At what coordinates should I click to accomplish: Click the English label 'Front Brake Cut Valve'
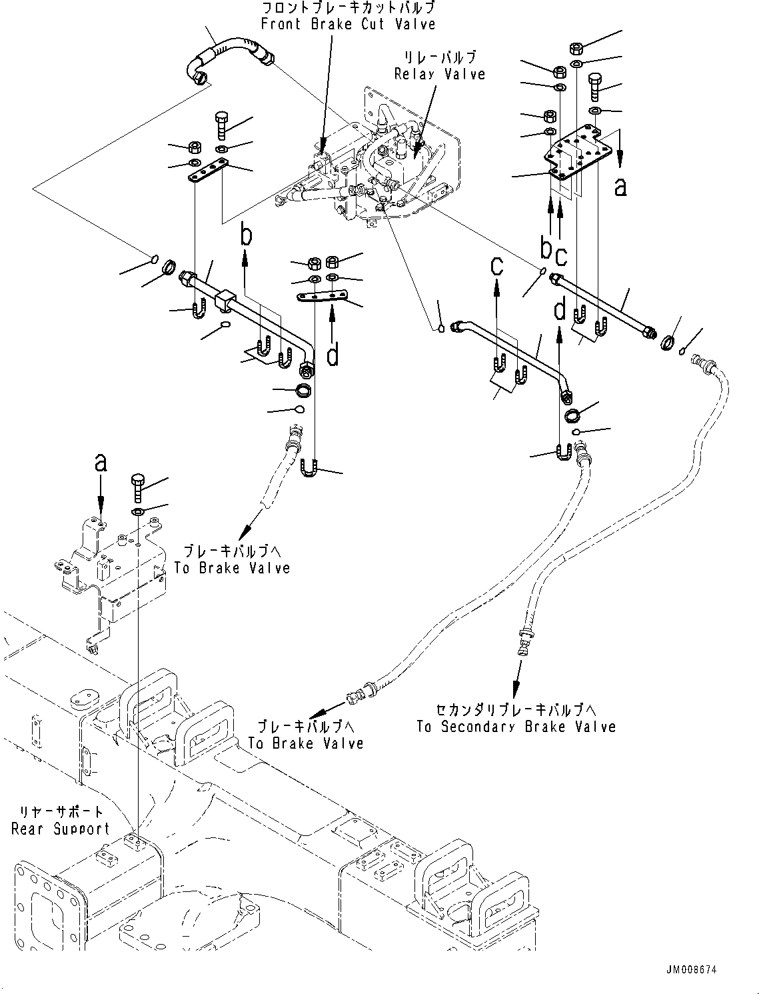[x=348, y=25]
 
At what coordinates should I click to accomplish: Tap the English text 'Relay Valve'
[x=440, y=74]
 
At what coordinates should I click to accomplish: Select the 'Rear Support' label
[x=60, y=829]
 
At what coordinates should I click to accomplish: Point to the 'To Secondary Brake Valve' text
[x=516, y=727]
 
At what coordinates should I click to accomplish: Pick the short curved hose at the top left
[x=227, y=59]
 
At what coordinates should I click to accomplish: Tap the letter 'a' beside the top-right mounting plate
[x=620, y=188]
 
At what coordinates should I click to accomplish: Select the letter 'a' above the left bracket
[x=101, y=463]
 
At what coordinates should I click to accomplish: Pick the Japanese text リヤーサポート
[x=60, y=813]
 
